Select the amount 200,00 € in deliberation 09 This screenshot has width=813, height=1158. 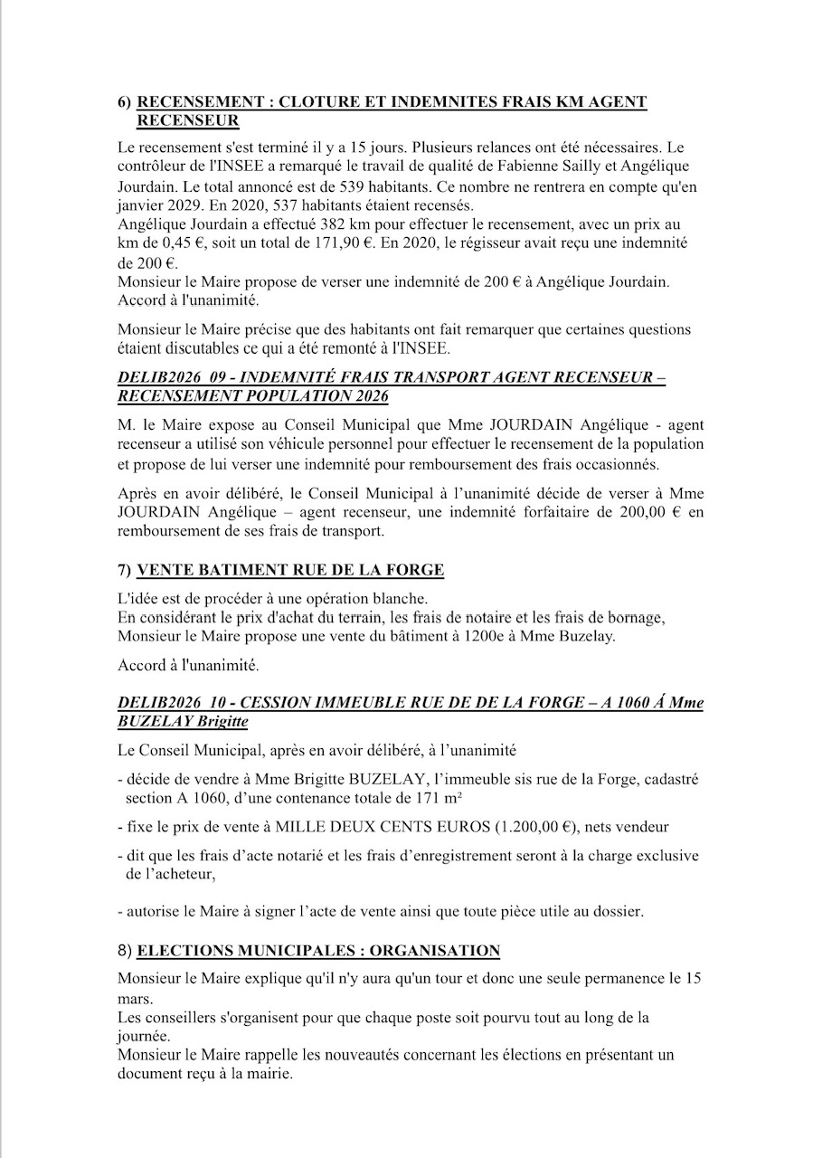click(x=645, y=512)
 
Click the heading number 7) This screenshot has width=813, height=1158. click(x=126, y=570)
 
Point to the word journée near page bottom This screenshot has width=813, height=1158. click(x=145, y=1036)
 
